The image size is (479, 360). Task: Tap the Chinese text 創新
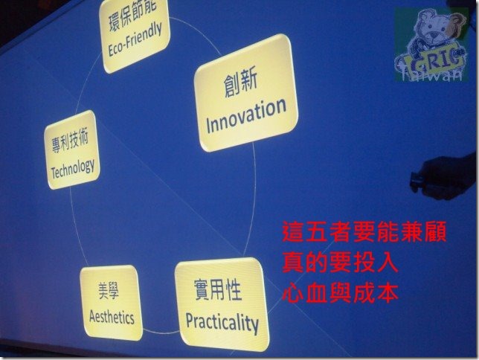(x=240, y=83)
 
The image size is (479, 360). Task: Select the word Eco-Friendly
(x=135, y=39)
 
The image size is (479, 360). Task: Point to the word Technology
(x=73, y=168)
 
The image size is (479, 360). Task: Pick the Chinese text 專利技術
(x=70, y=141)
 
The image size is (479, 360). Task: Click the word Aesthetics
(x=112, y=317)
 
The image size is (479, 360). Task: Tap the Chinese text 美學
(x=109, y=290)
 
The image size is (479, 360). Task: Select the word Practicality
(x=222, y=323)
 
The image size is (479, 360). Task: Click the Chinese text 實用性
(x=218, y=289)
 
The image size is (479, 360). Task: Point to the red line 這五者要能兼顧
(x=364, y=231)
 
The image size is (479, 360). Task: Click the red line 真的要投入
(x=340, y=263)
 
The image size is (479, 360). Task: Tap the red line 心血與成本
(x=340, y=293)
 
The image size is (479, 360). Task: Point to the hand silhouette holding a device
(x=443, y=177)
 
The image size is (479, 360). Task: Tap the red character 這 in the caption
(x=292, y=231)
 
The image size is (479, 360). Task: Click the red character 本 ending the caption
(x=388, y=293)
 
